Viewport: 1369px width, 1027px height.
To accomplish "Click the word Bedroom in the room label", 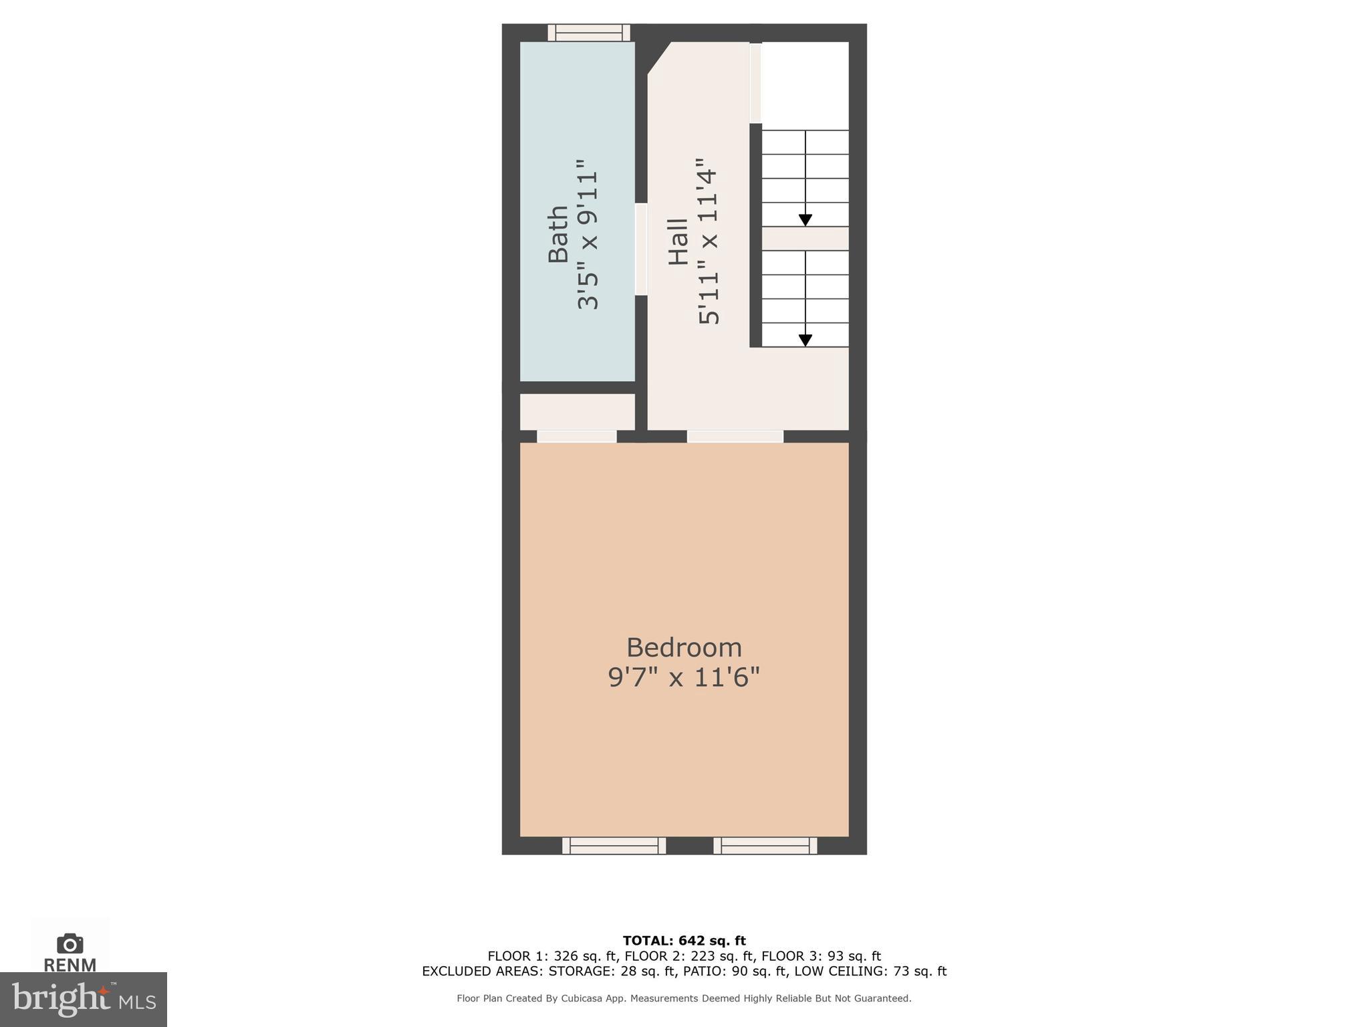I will (x=684, y=647).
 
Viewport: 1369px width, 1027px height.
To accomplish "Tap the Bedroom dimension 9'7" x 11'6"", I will (x=684, y=677).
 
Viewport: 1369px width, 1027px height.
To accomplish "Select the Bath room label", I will (x=558, y=234).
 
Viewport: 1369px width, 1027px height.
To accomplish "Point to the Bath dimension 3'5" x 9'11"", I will (x=588, y=234).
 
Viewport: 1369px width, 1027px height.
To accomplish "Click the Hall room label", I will (x=678, y=241).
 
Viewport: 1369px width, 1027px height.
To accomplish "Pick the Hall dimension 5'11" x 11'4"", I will (x=709, y=241).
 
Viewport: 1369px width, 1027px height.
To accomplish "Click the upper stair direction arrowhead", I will (x=805, y=219).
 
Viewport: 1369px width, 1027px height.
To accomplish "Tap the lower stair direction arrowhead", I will (x=805, y=340).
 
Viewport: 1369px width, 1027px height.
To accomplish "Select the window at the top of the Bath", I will (x=589, y=33).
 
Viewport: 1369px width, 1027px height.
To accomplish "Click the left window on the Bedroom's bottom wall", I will (x=614, y=846).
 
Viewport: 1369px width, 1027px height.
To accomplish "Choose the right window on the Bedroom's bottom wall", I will (x=765, y=846).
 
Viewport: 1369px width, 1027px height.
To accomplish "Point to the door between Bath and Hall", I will (x=641, y=249).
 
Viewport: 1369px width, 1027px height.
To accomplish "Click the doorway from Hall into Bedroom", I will (x=735, y=437).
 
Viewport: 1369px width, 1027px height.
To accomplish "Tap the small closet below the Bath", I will (x=577, y=411).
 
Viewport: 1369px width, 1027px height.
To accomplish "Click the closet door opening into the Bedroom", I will (x=576, y=437).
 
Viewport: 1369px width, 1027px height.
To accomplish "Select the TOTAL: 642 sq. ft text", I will (x=684, y=941).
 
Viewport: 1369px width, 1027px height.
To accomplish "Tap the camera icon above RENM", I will (x=70, y=943).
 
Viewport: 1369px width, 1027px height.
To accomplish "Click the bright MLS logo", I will (x=84, y=999).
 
